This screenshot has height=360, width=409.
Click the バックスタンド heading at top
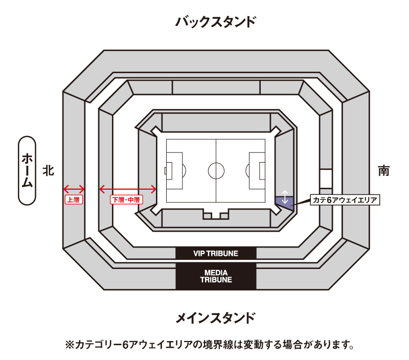click(215, 22)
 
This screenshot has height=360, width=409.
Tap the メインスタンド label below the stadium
click(215, 318)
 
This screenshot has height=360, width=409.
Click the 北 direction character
click(48, 170)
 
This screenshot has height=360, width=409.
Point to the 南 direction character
click(383, 170)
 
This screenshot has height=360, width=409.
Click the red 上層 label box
click(73, 200)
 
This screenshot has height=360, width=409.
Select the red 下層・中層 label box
click(126, 200)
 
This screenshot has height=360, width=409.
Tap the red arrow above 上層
click(73, 189)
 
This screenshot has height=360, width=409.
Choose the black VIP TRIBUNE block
click(216, 253)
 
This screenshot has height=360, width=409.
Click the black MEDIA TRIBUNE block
click(216, 276)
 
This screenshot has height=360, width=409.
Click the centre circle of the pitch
click(216, 170)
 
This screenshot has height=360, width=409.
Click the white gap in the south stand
click(326, 179)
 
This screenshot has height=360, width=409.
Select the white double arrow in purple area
click(285, 197)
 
